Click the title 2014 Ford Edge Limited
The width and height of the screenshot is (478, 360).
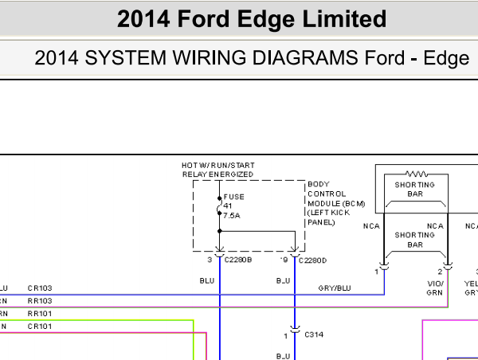pyautogui.click(x=252, y=19)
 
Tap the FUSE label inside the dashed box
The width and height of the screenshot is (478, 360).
pyautogui.click(x=234, y=197)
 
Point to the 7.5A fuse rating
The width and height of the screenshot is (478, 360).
pyautogui.click(x=233, y=216)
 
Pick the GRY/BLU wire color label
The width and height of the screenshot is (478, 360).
pyautogui.click(x=334, y=288)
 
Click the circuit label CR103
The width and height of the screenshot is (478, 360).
pyautogui.click(x=39, y=288)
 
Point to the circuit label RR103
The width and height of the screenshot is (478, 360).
pyautogui.click(x=39, y=300)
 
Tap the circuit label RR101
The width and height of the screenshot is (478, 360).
pyautogui.click(x=39, y=313)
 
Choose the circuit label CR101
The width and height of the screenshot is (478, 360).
pyautogui.click(x=39, y=326)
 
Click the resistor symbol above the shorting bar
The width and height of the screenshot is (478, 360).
pyautogui.click(x=415, y=173)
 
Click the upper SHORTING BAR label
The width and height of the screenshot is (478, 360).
pyautogui.click(x=415, y=190)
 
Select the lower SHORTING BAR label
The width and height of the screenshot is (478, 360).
pyautogui.click(x=415, y=241)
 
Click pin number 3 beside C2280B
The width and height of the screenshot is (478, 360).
pyautogui.click(x=210, y=260)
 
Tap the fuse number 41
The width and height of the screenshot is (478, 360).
pyautogui.click(x=227, y=206)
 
